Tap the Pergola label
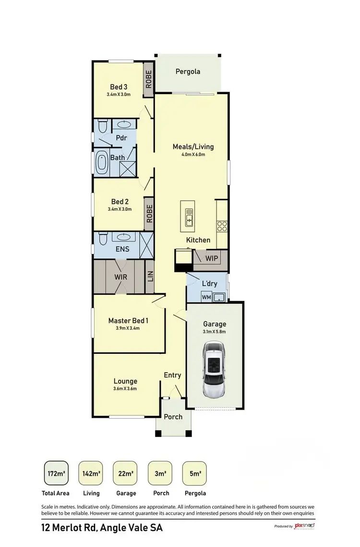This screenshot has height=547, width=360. pos(188,72)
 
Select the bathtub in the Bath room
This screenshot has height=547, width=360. pos(102,163)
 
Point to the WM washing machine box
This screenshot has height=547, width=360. pos(206,297)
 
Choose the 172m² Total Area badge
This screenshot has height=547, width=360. pos(56,474)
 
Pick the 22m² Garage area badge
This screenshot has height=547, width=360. pos(125,474)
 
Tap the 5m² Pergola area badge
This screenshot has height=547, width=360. pos(194,474)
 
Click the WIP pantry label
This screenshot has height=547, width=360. pos(212,258)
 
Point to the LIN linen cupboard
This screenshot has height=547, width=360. pos(150,277)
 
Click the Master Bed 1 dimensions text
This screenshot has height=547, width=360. pos(128,328)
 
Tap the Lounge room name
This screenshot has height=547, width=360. pos(125,381)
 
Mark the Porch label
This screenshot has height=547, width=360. pos(173,416)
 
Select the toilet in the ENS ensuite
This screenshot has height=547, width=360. pos(102,239)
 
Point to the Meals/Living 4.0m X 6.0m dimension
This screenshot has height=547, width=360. pos(193,155)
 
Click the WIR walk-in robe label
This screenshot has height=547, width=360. pos(120,277)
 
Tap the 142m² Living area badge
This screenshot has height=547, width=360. pos(91,474)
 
